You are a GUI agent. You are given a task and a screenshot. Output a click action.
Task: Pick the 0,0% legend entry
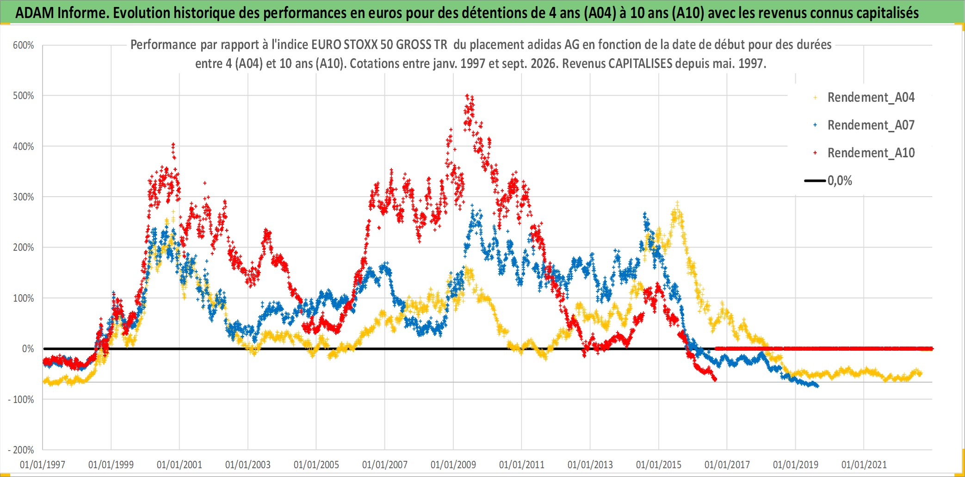[829, 180]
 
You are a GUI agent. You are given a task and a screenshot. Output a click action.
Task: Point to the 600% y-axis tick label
[23, 45]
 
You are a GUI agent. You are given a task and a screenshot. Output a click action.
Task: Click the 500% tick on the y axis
[23, 96]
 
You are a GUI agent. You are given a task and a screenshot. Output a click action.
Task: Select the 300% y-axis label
[23, 197]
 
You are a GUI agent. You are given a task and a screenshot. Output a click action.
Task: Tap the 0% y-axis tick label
[28, 349]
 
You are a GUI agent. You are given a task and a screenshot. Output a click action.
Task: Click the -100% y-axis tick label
[21, 400]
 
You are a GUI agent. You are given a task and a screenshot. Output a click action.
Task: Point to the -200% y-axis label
[21, 450]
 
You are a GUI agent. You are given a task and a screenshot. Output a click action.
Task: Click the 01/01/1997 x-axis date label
[43, 465]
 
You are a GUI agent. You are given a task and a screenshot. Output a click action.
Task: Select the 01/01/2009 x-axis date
[453, 465]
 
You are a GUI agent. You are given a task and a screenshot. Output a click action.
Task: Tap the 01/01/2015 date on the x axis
[659, 465]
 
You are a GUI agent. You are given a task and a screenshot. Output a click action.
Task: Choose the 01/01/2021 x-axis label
[864, 465]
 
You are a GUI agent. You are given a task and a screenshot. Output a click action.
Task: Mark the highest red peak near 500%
[467, 95]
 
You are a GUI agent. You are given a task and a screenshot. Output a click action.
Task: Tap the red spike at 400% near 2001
[173, 144]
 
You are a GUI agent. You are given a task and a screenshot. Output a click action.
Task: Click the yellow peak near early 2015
[677, 203]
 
